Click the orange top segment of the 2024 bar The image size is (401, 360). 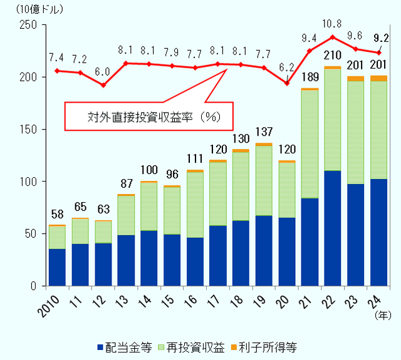[378, 78]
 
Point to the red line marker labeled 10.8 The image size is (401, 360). [333, 37]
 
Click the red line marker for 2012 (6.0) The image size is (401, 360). [103, 85]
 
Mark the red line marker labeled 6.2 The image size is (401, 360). [287, 83]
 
